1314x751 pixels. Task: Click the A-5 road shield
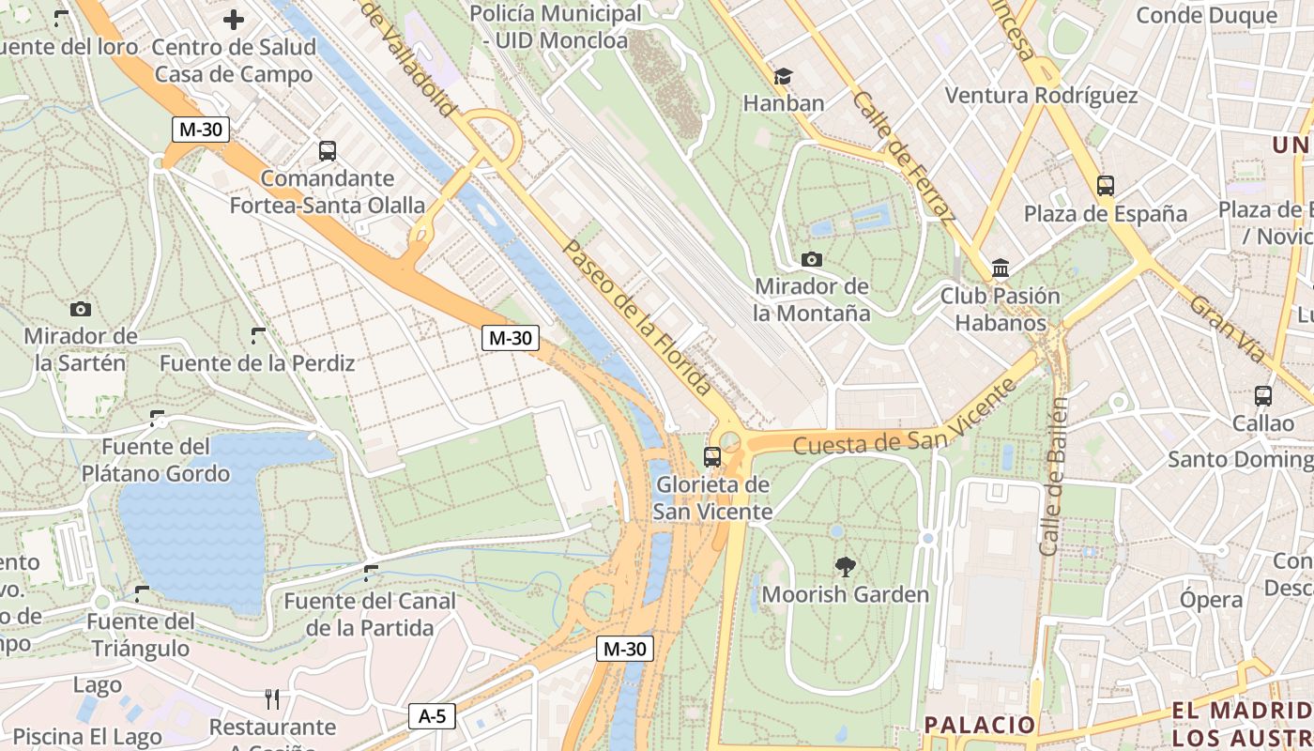[432, 716]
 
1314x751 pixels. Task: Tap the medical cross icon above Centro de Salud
[234, 19]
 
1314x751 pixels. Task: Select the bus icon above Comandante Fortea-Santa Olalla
[328, 150]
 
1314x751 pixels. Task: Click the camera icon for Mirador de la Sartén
[81, 309]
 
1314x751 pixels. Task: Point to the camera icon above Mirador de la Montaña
[812, 259]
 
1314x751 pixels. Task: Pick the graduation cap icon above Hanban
[783, 76]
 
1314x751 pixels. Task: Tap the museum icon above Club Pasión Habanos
[1000, 268]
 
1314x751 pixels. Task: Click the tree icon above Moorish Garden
[845, 566]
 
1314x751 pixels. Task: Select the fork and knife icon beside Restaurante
[272, 699]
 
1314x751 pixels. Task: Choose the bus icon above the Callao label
[1263, 396]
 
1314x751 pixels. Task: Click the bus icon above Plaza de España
[1105, 186]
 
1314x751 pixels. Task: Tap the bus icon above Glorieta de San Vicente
[712, 457]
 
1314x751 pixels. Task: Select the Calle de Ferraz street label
[903, 156]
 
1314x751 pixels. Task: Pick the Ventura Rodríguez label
[1041, 95]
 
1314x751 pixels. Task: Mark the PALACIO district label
[979, 724]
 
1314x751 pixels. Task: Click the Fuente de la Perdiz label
[257, 362]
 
